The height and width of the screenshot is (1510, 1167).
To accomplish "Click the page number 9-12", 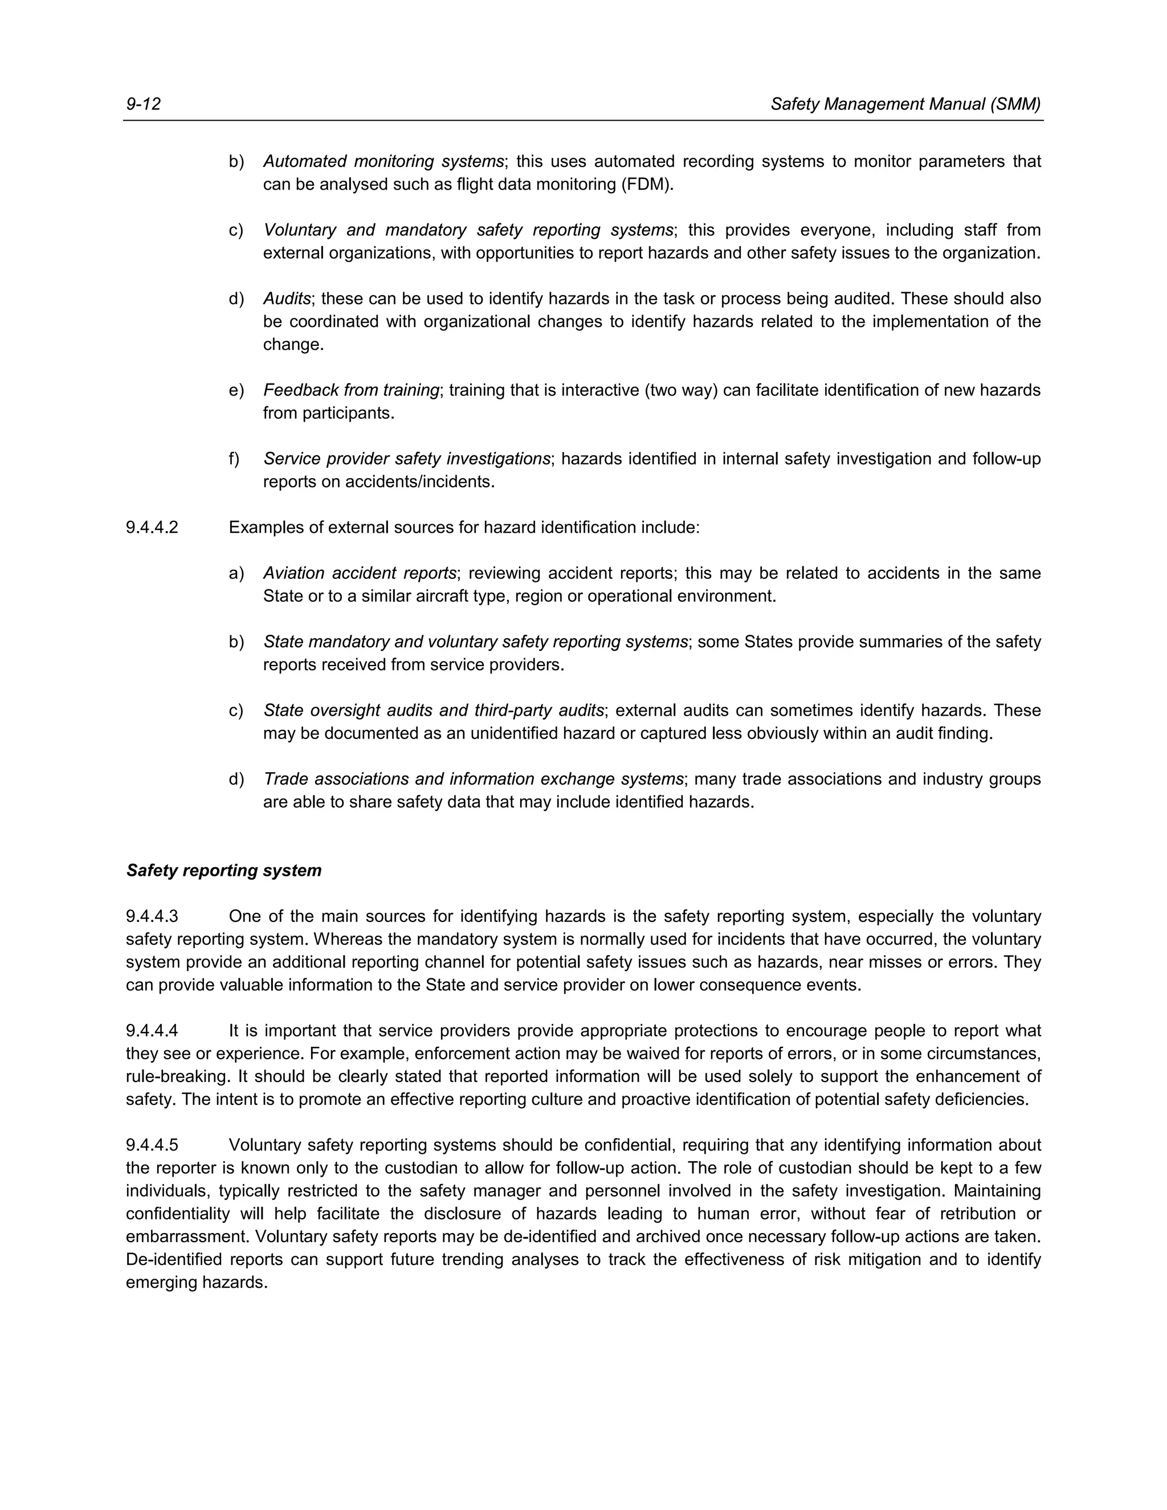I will click(143, 104).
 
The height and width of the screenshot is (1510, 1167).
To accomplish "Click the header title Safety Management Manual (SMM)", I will click(905, 104).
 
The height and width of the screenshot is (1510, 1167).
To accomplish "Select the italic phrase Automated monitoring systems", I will click(383, 162).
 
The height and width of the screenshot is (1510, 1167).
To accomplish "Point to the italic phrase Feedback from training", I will click(351, 391).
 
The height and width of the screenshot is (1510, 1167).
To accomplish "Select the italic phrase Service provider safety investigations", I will click(406, 459).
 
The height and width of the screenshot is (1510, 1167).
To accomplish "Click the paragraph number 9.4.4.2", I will click(152, 528).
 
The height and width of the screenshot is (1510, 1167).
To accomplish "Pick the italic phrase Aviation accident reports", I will click(360, 574).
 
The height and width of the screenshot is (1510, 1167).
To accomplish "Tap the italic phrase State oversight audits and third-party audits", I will click(434, 711).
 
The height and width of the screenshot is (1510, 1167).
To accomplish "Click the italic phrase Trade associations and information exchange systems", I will click(474, 779).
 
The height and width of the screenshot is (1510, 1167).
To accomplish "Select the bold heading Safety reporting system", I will click(224, 871).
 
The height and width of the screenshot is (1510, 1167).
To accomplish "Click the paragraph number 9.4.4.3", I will click(152, 917).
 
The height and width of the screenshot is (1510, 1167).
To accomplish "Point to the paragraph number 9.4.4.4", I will click(152, 1031).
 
